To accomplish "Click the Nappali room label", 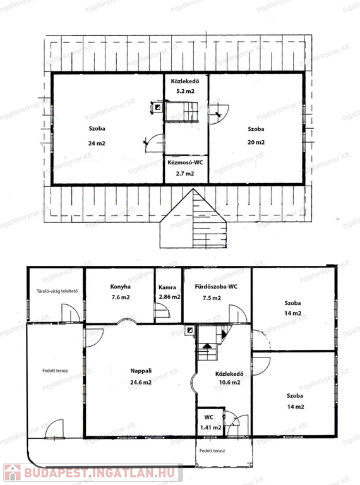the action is point(141,371).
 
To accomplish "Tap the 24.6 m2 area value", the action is point(141,382).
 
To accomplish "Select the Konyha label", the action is point(120,287).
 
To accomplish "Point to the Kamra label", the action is point(167,287).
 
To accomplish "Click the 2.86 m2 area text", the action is point(169,297).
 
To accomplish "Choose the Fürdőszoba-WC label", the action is point(216,287).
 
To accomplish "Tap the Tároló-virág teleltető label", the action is point(57,291).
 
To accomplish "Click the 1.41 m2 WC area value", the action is point(210,428).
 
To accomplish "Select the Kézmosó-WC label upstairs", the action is point(185,162).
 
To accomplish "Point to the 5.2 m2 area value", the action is point(185,91).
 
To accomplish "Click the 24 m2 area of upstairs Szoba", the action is point(97,143).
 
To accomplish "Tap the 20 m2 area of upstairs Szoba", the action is point(256,142).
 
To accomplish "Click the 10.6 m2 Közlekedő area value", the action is point(229,382).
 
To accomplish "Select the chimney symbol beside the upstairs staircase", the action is point(158,107).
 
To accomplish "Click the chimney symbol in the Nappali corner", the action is point(190,330).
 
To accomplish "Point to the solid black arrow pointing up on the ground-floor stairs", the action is point(207,345).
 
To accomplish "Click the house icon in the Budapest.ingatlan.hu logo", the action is point(12,472).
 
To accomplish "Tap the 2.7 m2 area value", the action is point(185,174).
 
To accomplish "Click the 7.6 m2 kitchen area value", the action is point(121,297).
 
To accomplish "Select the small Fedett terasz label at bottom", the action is point(212,451).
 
